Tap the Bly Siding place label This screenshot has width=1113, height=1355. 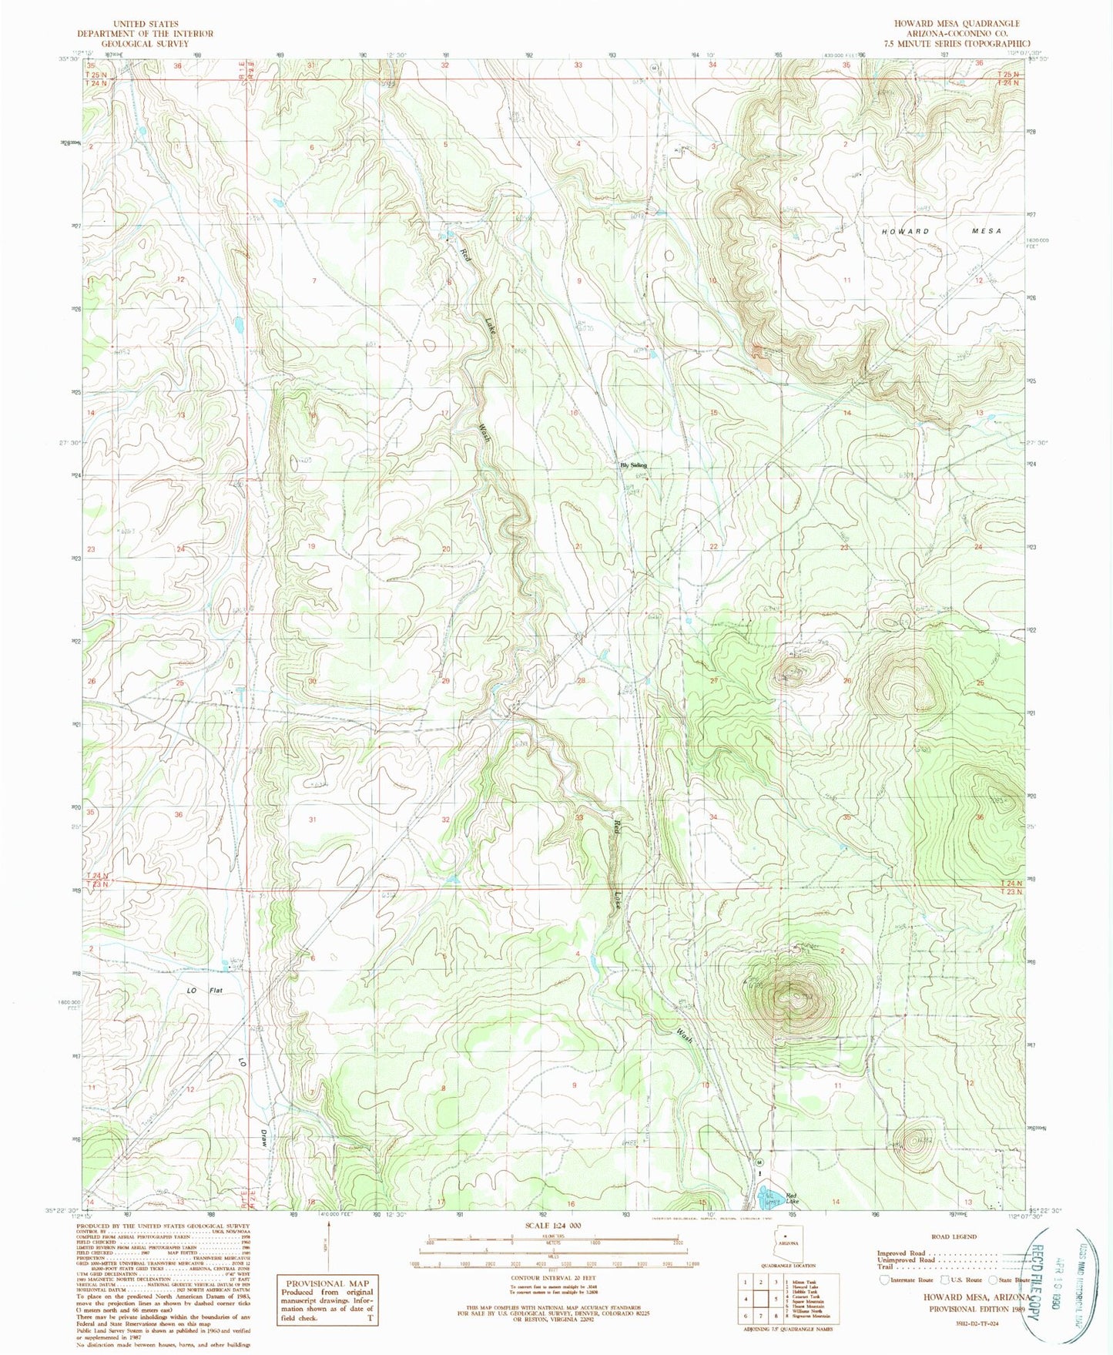(634, 465)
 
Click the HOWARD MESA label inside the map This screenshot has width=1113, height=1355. (941, 231)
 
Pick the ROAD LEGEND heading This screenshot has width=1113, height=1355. (954, 1236)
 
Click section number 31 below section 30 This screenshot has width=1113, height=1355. (312, 820)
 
